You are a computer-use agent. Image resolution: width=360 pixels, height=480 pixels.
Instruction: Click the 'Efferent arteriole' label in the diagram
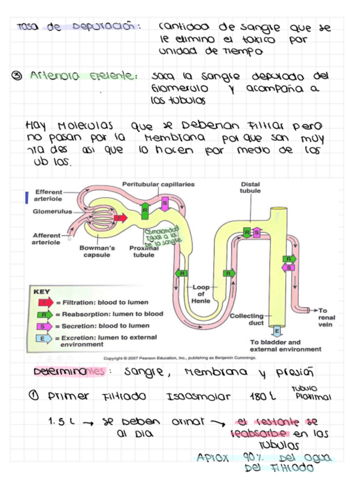48,196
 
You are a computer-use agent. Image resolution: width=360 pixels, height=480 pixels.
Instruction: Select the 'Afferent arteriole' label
46,238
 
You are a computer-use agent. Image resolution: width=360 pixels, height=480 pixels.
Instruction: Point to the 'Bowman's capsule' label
97,251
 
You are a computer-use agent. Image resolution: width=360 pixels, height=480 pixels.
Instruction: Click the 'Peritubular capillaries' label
158,185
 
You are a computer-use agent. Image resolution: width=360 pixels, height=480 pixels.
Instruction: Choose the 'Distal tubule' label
251,187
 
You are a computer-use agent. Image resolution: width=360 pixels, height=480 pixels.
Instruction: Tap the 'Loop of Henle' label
201,294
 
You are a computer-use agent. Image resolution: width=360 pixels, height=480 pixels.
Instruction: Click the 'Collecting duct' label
247,319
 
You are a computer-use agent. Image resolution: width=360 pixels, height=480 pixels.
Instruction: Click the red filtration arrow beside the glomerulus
120,218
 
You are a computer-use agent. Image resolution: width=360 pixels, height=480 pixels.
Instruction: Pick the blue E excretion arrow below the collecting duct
277,331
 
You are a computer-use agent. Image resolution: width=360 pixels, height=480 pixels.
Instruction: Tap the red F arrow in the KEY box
45,302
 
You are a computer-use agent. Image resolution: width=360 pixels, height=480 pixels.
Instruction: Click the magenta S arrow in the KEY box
45,326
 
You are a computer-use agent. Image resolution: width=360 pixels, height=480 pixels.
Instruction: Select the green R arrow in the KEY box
45,314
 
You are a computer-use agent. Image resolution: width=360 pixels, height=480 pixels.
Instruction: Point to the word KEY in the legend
42,292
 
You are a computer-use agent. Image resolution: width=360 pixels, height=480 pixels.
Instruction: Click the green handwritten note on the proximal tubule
162,236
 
